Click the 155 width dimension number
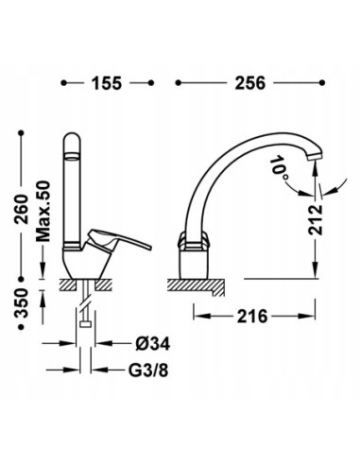pyautogui.click(x=107, y=83)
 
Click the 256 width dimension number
pyautogui.click(x=250, y=83)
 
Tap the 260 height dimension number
pyautogui.click(x=23, y=209)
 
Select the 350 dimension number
pyautogui.click(x=23, y=302)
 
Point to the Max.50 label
pyautogui.click(x=43, y=211)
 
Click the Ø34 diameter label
pyautogui.click(x=153, y=344)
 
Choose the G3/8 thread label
pyautogui.click(x=148, y=370)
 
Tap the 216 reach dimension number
pyautogui.click(x=252, y=316)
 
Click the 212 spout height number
pyautogui.click(x=316, y=220)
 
